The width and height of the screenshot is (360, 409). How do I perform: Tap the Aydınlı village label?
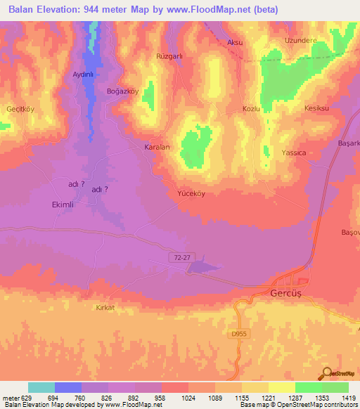[x=78, y=74]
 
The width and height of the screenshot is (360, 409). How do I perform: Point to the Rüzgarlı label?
[x=169, y=55]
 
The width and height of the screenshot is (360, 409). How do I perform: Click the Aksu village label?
[x=235, y=42]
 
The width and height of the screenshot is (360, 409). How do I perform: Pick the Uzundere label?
[x=297, y=41]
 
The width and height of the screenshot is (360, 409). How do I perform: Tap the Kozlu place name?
[x=251, y=109]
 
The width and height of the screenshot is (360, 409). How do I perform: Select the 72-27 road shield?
[x=181, y=258]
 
